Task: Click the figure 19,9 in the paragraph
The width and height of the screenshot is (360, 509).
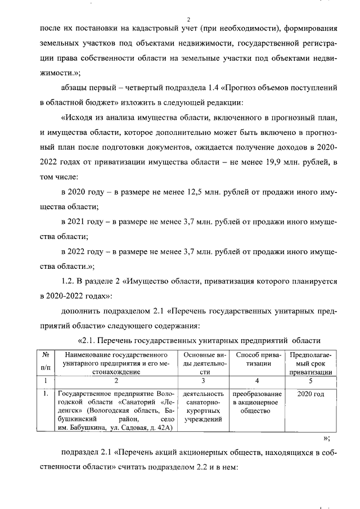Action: [263, 163]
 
